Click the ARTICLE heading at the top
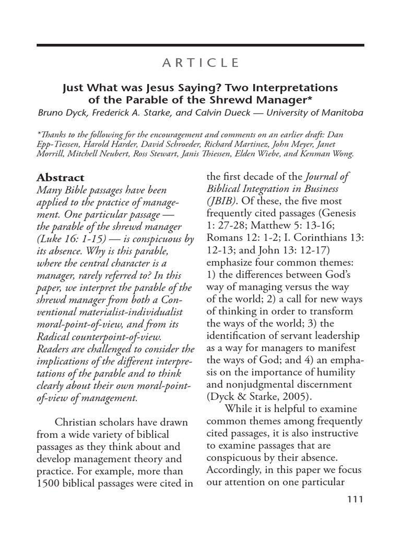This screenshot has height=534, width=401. point(200,63)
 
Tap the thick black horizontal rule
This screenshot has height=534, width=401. point(200,45)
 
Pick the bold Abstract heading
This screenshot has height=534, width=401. point(60,177)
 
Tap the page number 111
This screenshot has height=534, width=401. point(354,499)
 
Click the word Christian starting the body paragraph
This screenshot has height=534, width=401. point(75,422)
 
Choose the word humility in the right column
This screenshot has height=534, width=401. point(333,372)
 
